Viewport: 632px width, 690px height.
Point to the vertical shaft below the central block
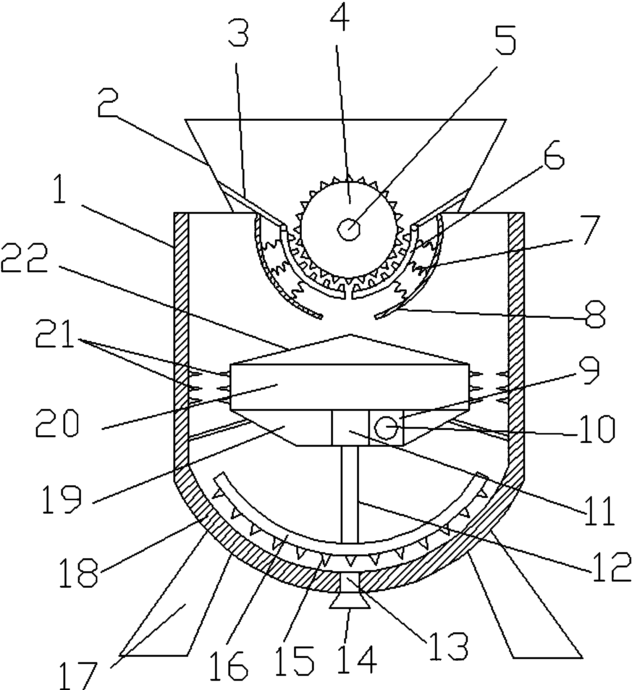(x=349, y=494)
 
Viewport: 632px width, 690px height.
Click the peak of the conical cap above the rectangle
(x=349, y=335)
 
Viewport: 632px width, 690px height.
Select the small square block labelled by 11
(x=350, y=428)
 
